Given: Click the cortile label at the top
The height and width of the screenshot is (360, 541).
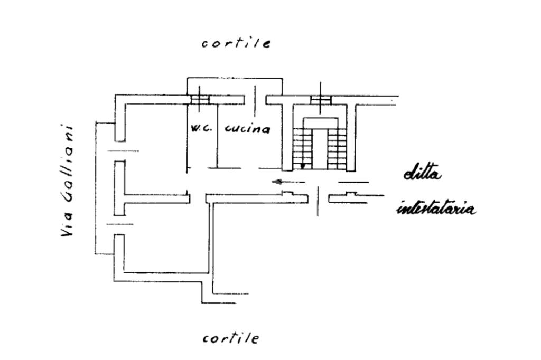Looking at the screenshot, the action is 236,43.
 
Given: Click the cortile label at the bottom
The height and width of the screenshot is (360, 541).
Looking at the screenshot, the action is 231,338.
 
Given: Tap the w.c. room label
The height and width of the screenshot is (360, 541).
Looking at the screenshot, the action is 202,129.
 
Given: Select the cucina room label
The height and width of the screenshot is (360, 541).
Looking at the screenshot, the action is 247,129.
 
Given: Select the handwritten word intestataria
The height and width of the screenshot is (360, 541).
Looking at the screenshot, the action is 435,209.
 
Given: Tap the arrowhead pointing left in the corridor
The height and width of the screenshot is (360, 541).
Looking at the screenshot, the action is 276,182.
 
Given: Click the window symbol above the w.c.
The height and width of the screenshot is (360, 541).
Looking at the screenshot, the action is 200,99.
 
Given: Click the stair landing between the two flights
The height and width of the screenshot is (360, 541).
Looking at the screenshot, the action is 319,123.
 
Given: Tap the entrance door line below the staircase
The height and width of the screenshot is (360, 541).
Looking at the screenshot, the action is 318,201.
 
